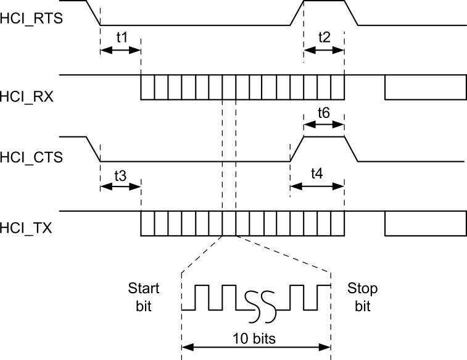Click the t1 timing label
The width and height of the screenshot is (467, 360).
[122, 37]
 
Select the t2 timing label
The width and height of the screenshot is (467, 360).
[324, 36]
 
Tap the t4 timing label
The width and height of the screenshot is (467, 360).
[316, 174]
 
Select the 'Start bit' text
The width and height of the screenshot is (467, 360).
[143, 297]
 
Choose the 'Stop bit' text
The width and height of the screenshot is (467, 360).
[363, 297]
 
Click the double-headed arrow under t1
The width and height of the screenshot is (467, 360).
[120, 50]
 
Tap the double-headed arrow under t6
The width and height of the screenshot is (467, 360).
[324, 124]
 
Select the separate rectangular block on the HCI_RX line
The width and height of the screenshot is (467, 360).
[425, 87]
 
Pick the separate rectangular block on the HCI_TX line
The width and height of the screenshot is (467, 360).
[425, 224]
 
